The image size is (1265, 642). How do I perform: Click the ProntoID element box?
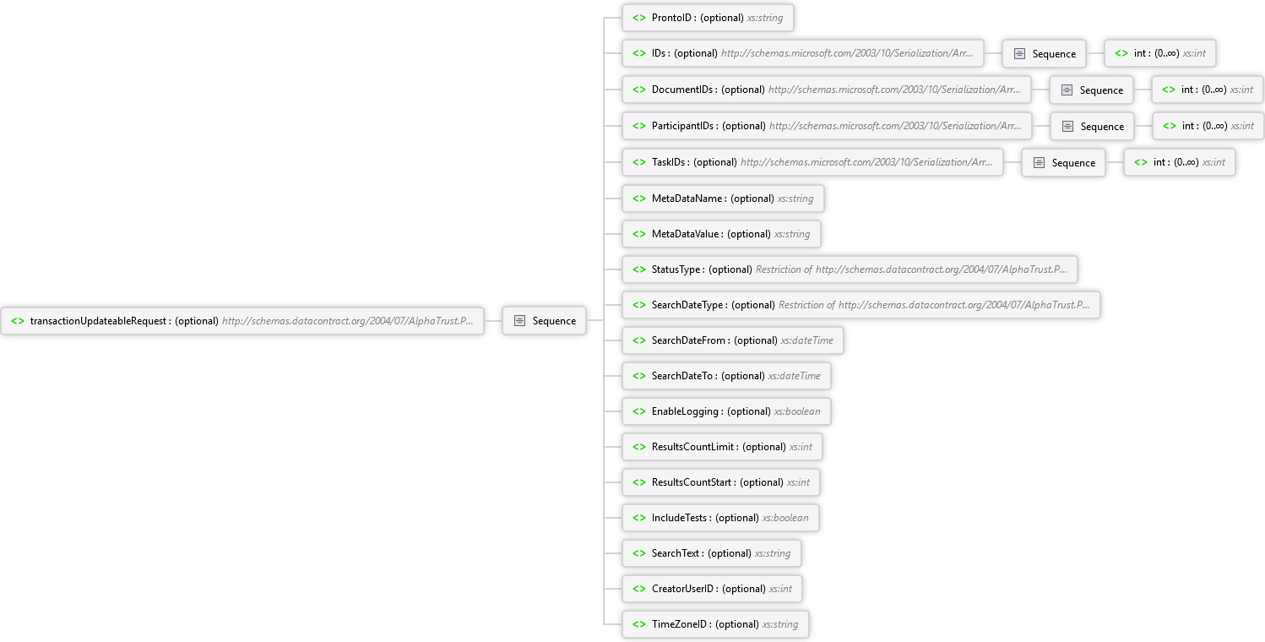pyautogui.click(x=708, y=18)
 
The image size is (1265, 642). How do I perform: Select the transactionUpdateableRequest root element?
pyautogui.click(x=242, y=321)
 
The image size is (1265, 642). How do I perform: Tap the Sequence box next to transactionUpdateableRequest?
pyautogui.click(x=545, y=321)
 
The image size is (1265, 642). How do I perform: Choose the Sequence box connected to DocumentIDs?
pyautogui.click(x=1091, y=90)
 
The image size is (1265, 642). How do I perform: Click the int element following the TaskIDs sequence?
pyautogui.click(x=1179, y=162)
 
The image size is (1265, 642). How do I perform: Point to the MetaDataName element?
pyautogui.click(x=723, y=199)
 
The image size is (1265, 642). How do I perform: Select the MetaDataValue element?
pyautogui.click(x=721, y=234)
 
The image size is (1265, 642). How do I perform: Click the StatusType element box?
pyautogui.click(x=850, y=269)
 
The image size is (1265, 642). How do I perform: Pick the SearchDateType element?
pyautogui.click(x=861, y=305)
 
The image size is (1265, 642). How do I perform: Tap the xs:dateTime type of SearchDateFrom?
pyautogui.click(x=807, y=340)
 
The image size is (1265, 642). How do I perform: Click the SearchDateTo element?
pyautogui.click(x=726, y=376)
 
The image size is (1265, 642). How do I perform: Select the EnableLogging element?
pyautogui.click(x=726, y=411)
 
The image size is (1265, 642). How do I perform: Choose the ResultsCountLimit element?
pyautogui.click(x=722, y=447)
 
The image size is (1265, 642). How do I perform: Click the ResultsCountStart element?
pyautogui.click(x=721, y=482)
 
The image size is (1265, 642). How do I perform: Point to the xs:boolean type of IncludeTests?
pyautogui.click(x=785, y=518)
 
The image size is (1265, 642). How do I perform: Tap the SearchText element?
pyautogui.click(x=712, y=553)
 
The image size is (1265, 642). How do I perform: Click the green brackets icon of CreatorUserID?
pyautogui.click(x=639, y=589)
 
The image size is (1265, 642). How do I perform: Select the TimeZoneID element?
pyautogui.click(x=715, y=624)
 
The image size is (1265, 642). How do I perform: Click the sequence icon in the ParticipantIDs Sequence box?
pyautogui.click(x=1067, y=127)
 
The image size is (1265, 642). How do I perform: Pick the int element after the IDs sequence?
pyautogui.click(x=1160, y=53)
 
